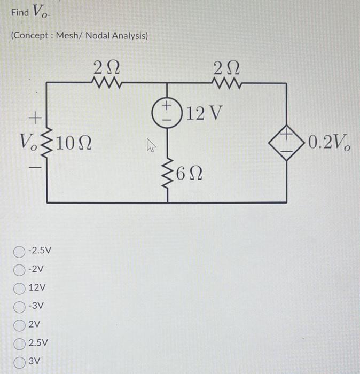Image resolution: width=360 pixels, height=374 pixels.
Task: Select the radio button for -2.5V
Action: [20, 251]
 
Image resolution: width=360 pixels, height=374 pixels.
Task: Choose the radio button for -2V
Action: [20, 269]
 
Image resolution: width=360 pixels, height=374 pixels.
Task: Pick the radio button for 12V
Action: [20, 287]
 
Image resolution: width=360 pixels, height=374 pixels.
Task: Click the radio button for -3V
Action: [20, 306]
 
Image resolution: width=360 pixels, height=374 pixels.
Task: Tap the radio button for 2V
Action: [20, 324]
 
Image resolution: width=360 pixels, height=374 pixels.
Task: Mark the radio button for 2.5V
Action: [20, 343]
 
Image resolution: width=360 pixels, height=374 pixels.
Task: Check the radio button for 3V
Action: [20, 361]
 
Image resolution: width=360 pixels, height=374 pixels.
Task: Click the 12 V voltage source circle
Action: [169, 114]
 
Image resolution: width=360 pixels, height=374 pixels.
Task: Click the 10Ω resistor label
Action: [75, 143]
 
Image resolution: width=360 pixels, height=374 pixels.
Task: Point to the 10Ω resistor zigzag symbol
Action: [48, 143]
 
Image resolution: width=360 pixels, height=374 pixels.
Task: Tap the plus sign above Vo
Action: [35, 115]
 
